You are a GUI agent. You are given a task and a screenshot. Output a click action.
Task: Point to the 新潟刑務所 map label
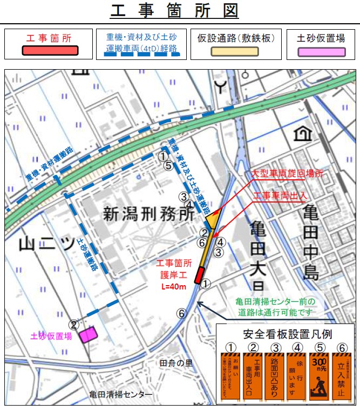point(148,214)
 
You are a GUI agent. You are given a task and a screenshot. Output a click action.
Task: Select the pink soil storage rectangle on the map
point(87,335)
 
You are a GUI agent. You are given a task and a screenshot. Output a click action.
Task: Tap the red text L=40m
point(173,286)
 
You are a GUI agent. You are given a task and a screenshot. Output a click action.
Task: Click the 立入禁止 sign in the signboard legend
point(341,375)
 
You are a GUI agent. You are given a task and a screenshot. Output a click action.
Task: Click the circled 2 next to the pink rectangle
point(75,325)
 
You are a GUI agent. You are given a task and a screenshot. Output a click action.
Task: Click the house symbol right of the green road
point(301,133)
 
